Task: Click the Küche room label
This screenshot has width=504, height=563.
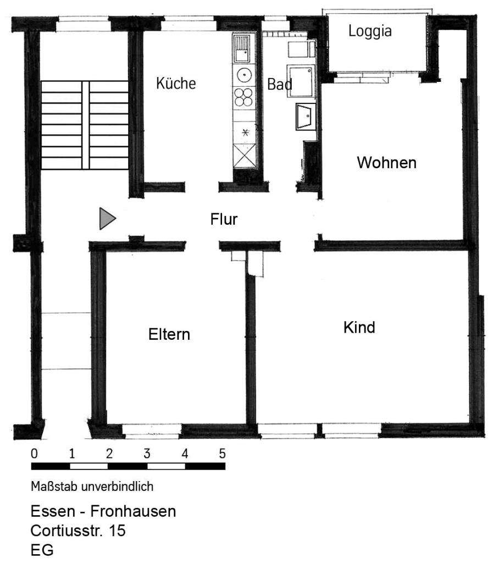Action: tap(176, 84)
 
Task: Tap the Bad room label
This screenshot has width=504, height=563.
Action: tap(279, 85)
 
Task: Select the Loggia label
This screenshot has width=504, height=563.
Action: tap(370, 31)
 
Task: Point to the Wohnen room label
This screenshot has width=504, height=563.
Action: tap(386, 163)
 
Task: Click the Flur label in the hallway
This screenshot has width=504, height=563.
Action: tap(224, 219)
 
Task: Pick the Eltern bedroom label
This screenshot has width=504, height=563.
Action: tap(169, 334)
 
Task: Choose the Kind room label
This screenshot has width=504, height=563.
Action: tap(359, 328)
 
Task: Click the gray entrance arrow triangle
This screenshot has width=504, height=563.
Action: tap(107, 219)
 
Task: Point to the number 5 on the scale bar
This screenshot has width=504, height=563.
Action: tap(222, 454)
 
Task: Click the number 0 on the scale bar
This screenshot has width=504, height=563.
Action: tap(35, 454)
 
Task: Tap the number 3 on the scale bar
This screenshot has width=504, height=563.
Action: tap(147, 454)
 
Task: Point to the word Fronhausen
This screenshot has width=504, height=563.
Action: tap(133, 512)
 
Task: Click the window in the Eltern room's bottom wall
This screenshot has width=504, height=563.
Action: tap(151, 429)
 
